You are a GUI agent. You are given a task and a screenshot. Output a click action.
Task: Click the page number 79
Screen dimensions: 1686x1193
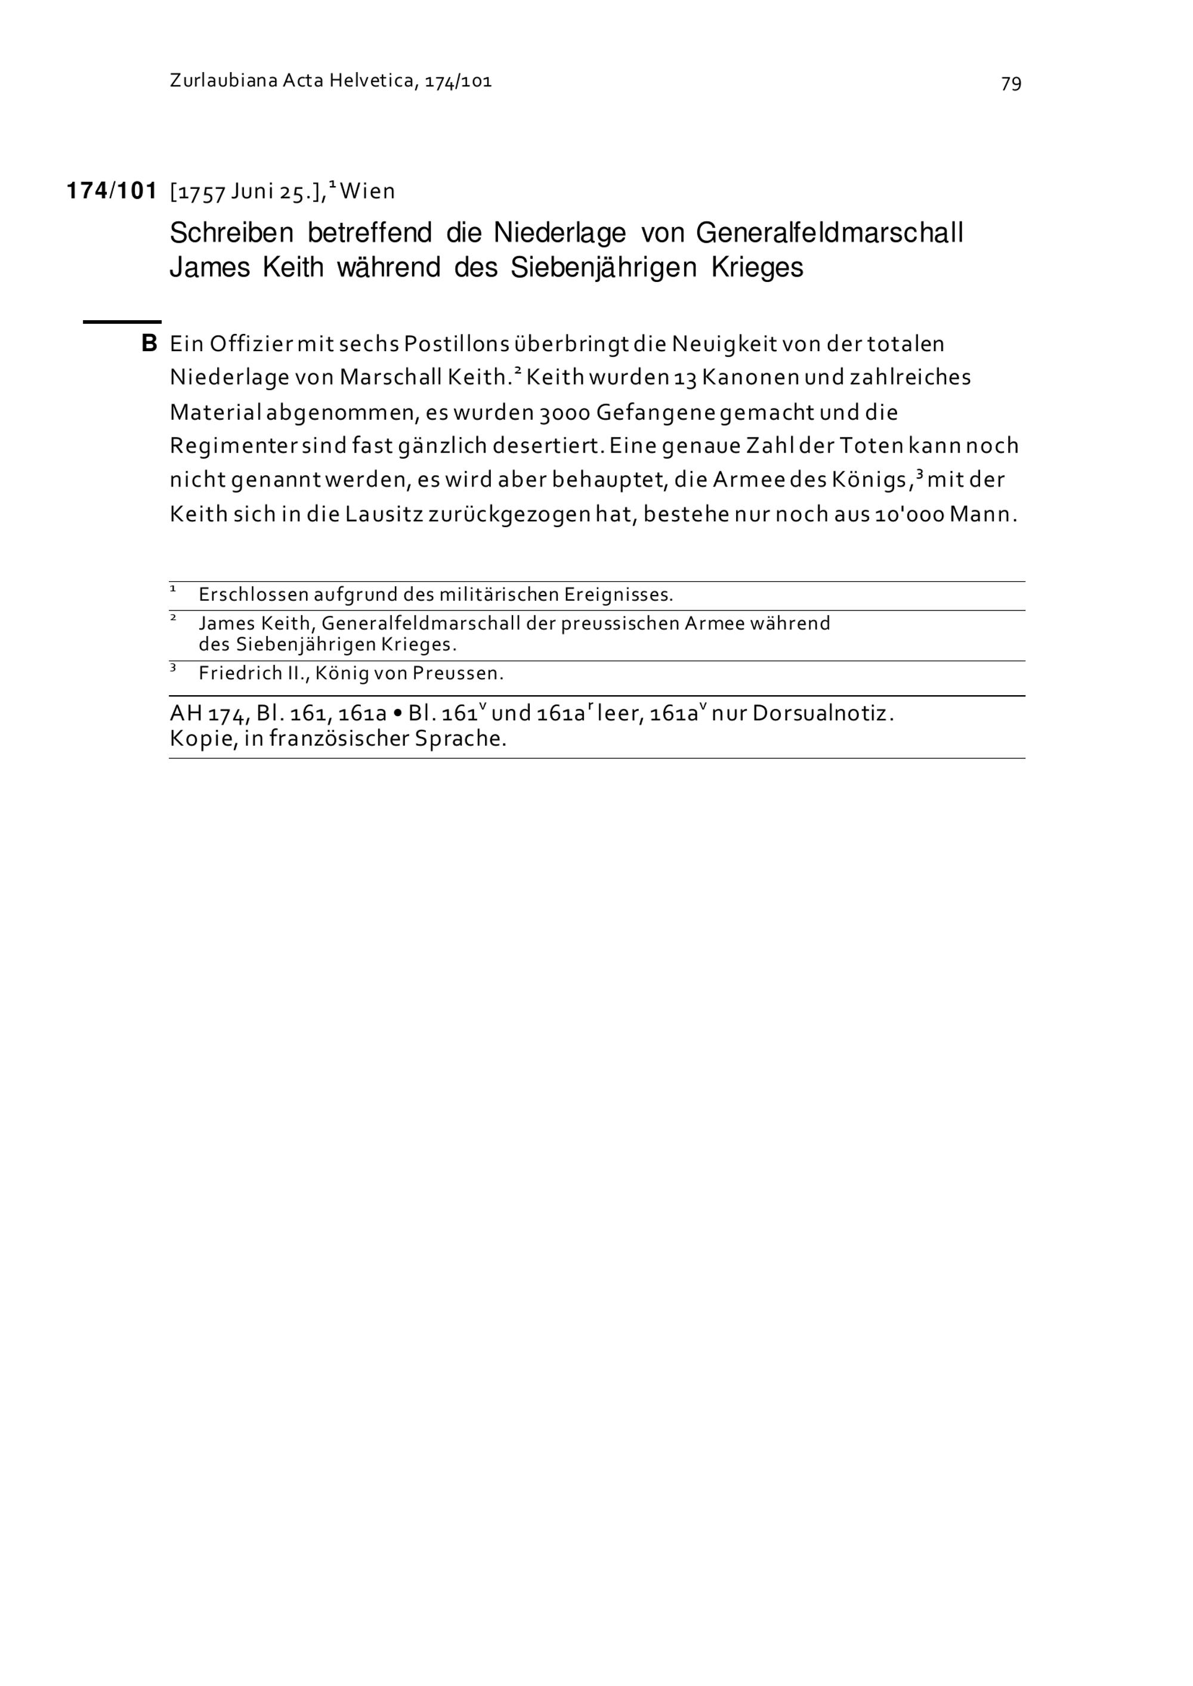1011,83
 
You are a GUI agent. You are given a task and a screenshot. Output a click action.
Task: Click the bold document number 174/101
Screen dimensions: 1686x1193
112,191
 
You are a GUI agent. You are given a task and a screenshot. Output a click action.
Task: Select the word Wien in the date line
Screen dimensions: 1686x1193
367,191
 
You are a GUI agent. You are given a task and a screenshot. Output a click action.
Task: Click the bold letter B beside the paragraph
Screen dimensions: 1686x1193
149,343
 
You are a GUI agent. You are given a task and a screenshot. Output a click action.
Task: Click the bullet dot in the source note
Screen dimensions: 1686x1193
397,713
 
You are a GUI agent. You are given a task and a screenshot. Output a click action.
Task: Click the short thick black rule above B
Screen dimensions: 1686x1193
122,321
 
